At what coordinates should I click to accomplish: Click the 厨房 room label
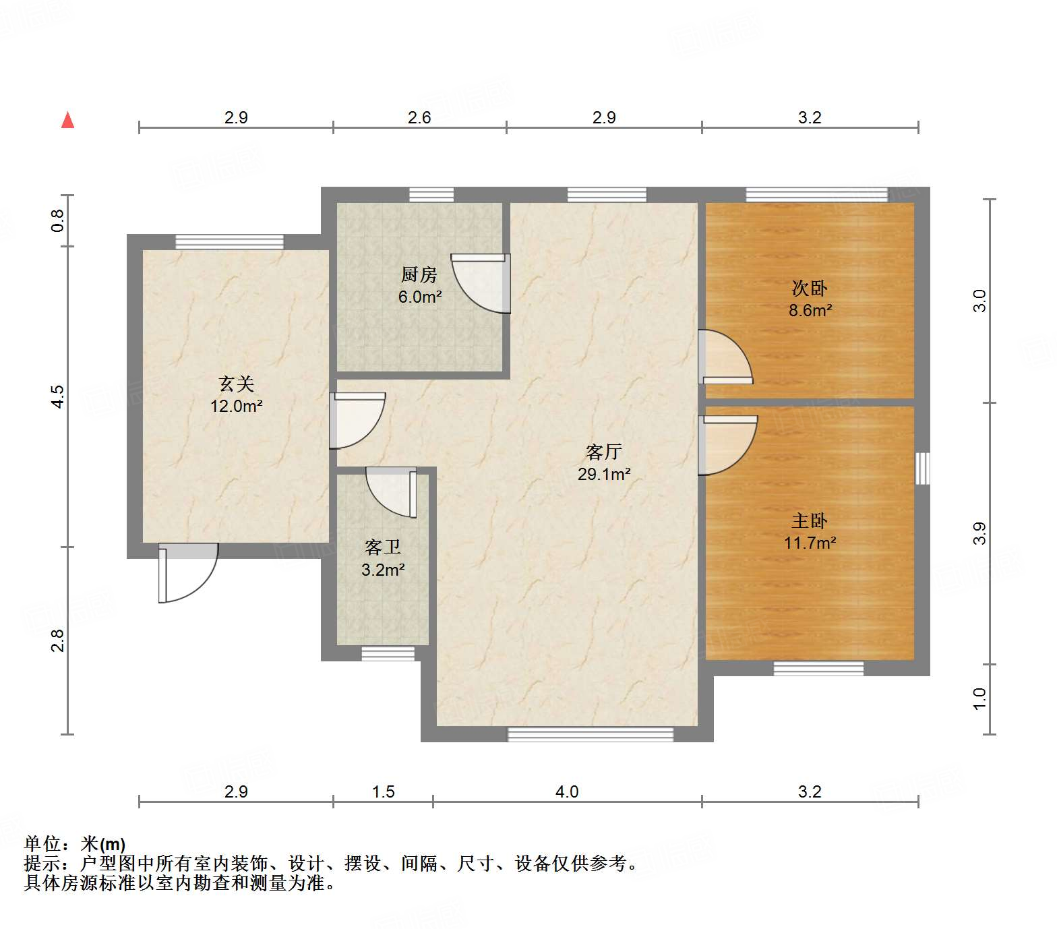point(419,274)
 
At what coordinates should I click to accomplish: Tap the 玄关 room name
point(237,384)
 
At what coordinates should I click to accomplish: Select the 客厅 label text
point(603,451)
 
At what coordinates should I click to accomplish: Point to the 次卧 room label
point(810,288)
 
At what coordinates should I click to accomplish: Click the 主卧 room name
point(810,520)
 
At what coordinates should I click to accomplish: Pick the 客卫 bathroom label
point(383,547)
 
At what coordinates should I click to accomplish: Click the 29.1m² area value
point(604,474)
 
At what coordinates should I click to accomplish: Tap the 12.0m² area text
point(237,406)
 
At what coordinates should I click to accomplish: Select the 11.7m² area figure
point(810,543)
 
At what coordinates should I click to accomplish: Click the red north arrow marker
point(67,120)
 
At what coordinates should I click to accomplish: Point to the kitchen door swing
point(481,283)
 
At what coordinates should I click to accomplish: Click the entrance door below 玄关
point(188,572)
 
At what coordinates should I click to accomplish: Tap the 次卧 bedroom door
point(725,357)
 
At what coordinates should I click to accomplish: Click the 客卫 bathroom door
point(392,492)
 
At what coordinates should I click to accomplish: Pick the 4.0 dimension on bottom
point(567,791)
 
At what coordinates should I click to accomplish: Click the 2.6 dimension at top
point(419,117)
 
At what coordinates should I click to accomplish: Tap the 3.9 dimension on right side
point(979,533)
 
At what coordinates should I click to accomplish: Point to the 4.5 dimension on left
point(58,396)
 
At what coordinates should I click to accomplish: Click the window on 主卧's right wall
point(923,468)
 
